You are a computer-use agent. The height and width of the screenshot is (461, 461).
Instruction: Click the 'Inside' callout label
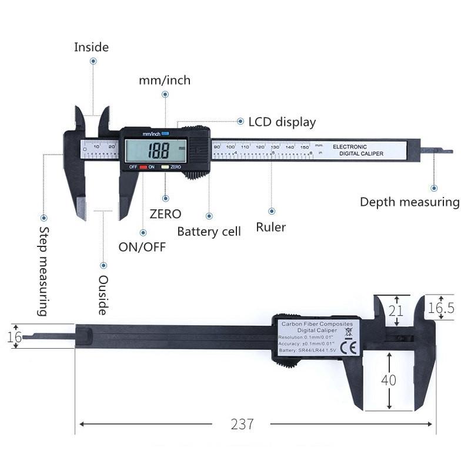(91, 47)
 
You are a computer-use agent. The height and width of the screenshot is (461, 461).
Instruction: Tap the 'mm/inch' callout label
(165, 80)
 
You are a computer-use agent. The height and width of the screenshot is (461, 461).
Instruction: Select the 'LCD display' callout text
(282, 122)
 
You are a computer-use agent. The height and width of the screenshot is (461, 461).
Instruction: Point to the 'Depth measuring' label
(409, 202)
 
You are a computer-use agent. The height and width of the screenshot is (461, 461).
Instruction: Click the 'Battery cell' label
(209, 231)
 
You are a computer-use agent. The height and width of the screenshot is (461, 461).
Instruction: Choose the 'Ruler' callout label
(270, 226)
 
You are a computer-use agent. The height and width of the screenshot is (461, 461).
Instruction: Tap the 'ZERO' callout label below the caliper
(165, 214)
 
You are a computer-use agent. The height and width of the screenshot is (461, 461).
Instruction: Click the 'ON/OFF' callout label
(142, 246)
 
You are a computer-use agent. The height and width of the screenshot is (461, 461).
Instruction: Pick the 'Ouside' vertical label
(103, 295)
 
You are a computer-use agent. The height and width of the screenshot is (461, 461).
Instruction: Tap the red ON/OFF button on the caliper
(143, 167)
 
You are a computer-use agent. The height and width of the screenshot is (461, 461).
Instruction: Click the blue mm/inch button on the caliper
(165, 133)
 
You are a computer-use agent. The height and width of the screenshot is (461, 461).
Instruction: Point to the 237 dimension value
(242, 424)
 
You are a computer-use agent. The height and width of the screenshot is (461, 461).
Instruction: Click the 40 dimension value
(388, 380)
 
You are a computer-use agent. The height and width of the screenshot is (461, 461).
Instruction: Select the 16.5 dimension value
(440, 308)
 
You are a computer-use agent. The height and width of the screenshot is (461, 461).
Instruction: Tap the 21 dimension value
(396, 310)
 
